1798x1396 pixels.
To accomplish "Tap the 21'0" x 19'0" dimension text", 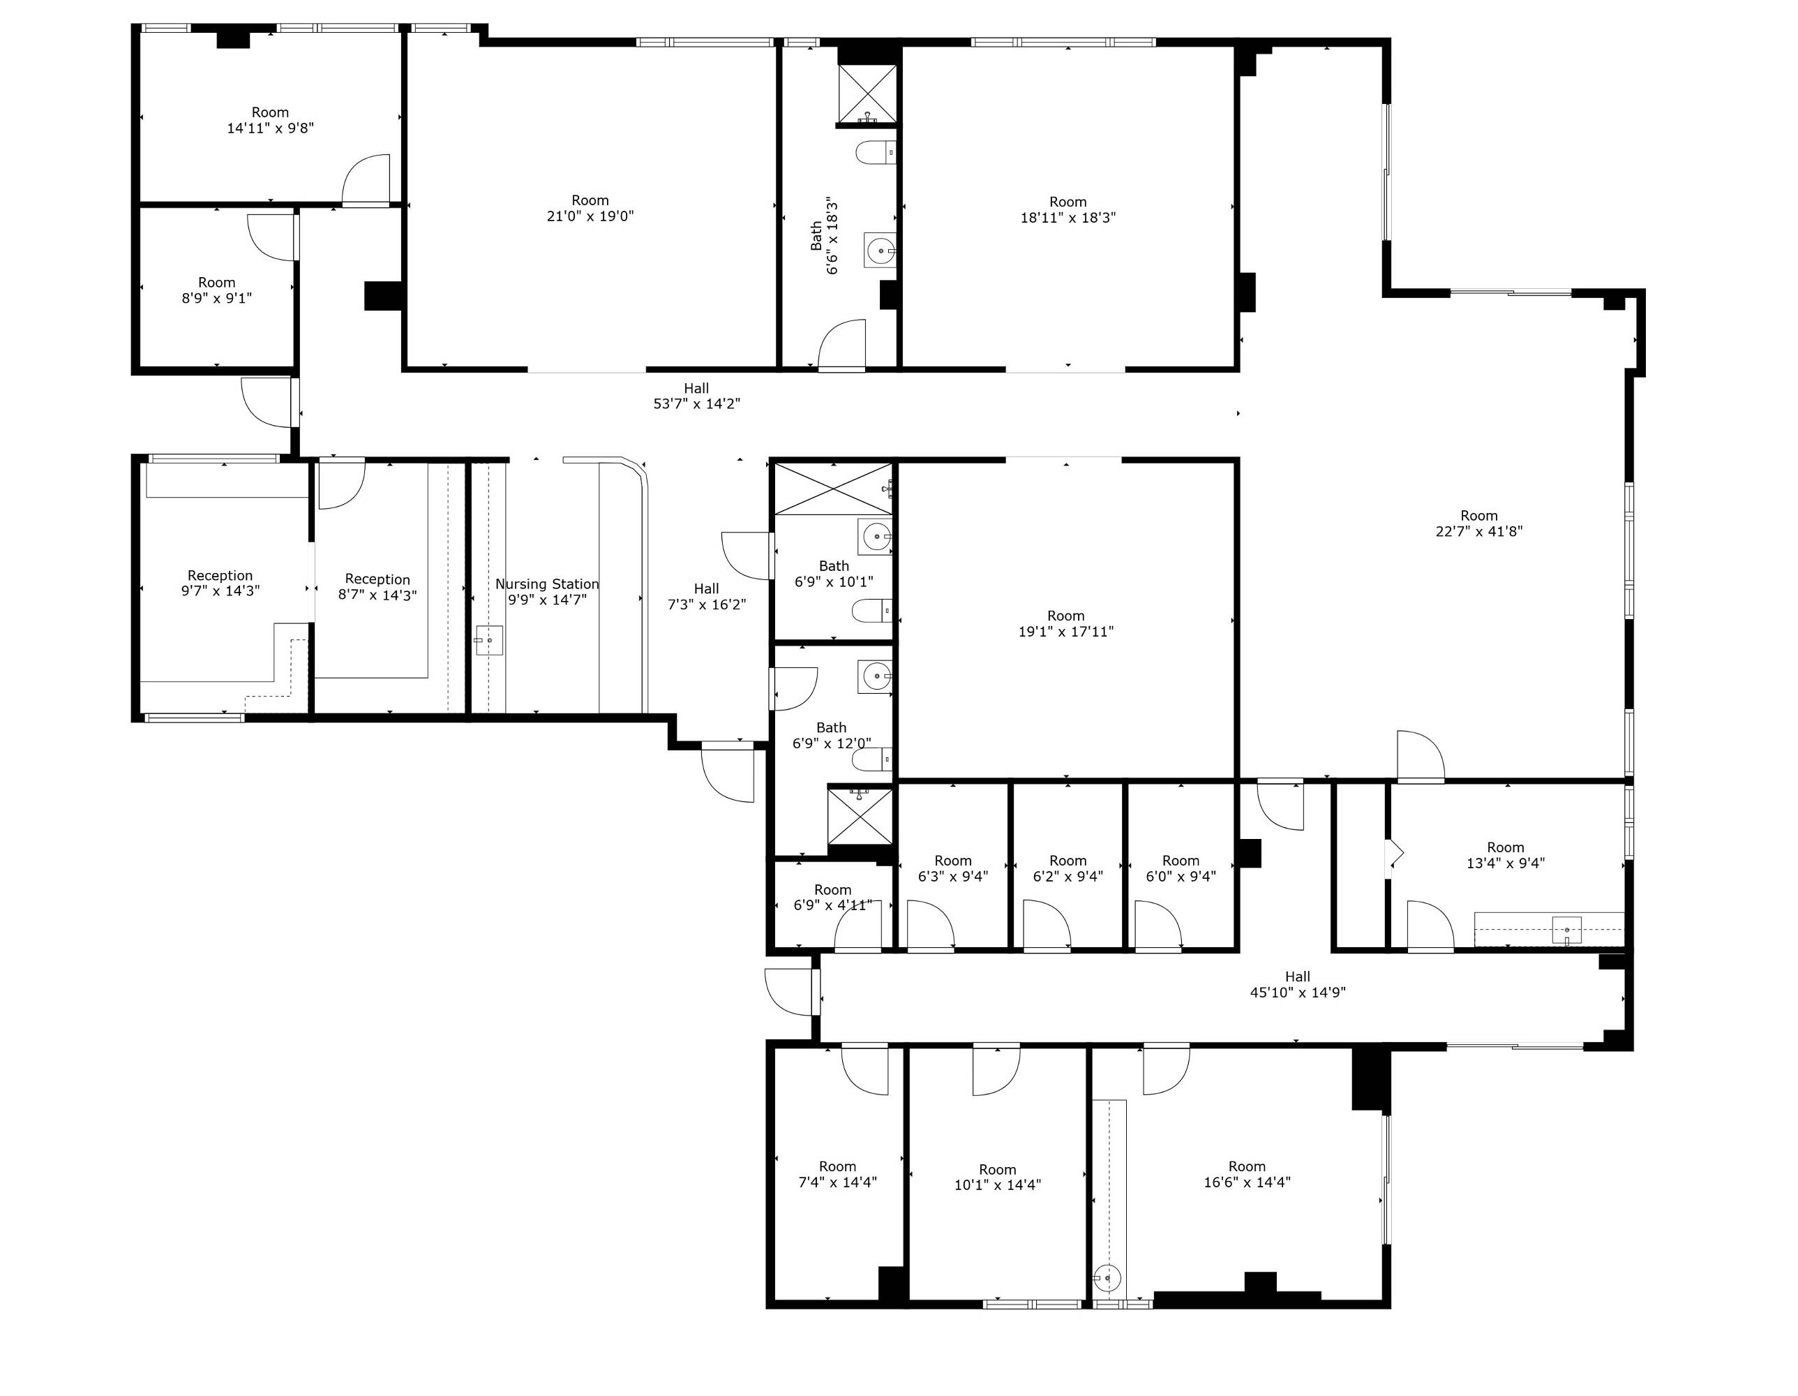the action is pos(590,216).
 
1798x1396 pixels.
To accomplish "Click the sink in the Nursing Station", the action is pos(489,640).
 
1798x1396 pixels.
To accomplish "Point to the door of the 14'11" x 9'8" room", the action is pos(366,179).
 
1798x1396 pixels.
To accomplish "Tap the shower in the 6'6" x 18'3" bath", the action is pos(867,93).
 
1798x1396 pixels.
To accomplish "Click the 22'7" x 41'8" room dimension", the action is pos(1478,531).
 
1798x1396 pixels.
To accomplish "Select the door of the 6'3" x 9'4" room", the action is pos(930,926).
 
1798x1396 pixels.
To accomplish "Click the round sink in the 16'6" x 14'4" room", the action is pos(1108,1278).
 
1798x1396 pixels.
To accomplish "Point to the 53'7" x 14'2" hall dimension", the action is pos(696,403).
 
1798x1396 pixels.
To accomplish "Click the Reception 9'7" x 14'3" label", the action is pos(220,583).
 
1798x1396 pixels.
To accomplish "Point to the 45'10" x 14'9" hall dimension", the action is pos(1298,993).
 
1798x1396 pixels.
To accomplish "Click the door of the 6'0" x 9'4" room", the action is pos(1158,926).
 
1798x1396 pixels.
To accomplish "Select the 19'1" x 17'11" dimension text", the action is pos(1066,632).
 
